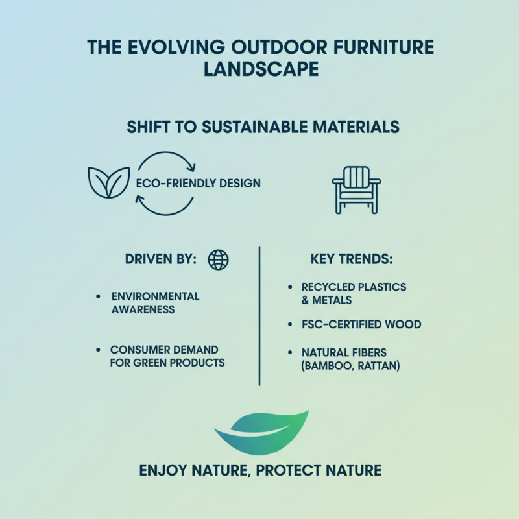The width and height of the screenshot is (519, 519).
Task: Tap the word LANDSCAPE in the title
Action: (x=259, y=69)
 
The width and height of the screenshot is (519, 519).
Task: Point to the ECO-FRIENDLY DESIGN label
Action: (x=198, y=184)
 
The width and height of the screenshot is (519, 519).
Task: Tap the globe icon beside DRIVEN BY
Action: (x=218, y=259)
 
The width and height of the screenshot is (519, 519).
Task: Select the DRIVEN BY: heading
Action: (x=160, y=259)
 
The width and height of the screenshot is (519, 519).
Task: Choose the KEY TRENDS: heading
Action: (x=352, y=259)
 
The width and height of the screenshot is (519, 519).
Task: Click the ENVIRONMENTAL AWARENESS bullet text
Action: (x=155, y=303)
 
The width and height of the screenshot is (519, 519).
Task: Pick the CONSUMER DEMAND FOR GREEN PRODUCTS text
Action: (x=167, y=356)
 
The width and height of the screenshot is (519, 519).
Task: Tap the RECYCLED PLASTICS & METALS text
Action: (x=354, y=293)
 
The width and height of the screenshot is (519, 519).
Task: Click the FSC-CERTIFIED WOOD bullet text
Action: (x=361, y=324)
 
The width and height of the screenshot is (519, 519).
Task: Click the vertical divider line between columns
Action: (x=259, y=315)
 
